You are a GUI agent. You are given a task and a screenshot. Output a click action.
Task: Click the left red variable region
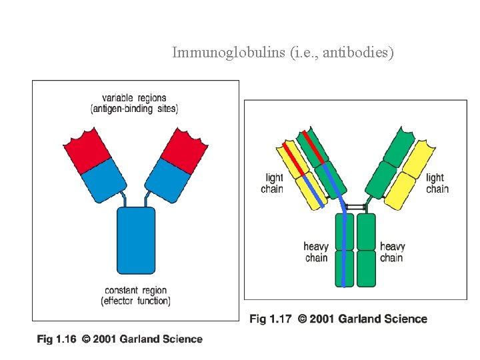point(87,150)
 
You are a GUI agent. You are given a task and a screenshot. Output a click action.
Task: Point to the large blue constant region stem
point(136,240)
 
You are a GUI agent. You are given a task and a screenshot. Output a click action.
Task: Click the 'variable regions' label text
point(134,98)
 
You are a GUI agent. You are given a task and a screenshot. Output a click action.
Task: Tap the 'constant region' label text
point(136,291)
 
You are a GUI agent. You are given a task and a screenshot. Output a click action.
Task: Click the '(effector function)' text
point(136,301)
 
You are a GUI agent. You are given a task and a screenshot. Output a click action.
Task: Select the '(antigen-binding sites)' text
point(134,109)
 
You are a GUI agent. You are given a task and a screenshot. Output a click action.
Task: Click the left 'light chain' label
point(273,183)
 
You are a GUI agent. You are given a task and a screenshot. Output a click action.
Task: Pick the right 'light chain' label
point(437,183)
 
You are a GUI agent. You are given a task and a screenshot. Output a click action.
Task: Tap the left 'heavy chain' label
point(316,252)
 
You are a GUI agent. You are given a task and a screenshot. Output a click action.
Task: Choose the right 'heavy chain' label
point(392,252)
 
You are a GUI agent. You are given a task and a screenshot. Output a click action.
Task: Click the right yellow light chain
point(411,175)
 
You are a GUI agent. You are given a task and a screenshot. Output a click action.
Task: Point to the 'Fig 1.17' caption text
point(270,319)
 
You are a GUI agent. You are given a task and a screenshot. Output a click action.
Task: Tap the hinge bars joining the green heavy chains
point(355,207)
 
